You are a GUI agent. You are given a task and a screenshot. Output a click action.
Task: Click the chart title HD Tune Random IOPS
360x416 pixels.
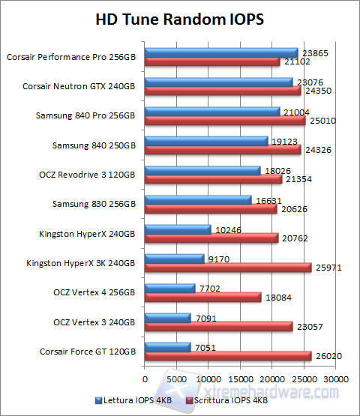point(180,18)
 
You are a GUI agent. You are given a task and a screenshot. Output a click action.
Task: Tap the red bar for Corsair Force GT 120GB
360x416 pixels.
point(228,355)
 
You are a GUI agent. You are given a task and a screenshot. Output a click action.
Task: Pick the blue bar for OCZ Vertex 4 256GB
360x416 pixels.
point(169,288)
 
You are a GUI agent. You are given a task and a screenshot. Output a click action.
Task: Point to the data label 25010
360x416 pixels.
point(320,120)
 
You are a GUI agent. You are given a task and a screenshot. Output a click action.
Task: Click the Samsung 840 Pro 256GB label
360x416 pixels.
point(85,115)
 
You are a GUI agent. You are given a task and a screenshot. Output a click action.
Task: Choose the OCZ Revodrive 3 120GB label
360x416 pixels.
point(82,174)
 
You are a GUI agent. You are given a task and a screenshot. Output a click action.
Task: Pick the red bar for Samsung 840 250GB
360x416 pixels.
point(223,150)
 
